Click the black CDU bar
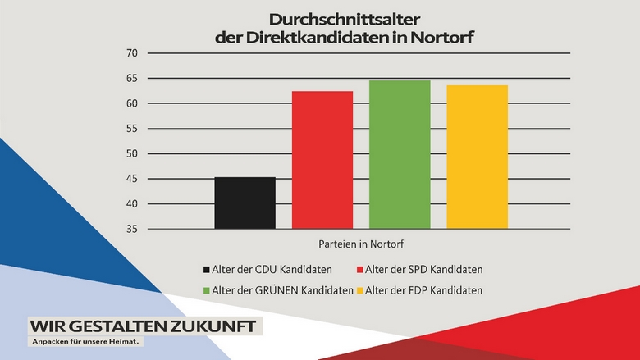(x=245, y=203)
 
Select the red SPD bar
(x=322, y=160)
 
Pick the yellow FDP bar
(x=477, y=157)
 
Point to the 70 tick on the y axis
(x=130, y=53)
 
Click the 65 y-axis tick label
(x=130, y=79)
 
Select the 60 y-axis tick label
(x=130, y=103)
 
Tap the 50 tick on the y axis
(x=130, y=154)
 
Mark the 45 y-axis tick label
(x=130, y=179)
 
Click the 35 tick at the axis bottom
(x=130, y=229)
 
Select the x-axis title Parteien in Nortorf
(x=361, y=244)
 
